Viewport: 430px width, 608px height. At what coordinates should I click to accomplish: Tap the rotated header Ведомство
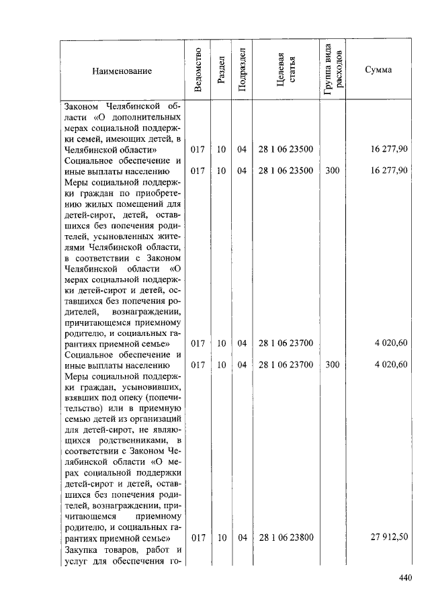(x=198, y=71)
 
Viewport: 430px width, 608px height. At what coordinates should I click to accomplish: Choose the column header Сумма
(x=378, y=71)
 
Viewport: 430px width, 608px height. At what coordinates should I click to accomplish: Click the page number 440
(x=404, y=578)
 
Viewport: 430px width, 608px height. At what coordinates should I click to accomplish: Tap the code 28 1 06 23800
(x=286, y=537)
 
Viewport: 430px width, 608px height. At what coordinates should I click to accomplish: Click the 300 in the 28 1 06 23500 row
(x=332, y=171)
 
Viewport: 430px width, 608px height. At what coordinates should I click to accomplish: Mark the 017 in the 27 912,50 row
(x=198, y=537)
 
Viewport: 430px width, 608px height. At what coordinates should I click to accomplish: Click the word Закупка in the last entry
(x=83, y=550)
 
